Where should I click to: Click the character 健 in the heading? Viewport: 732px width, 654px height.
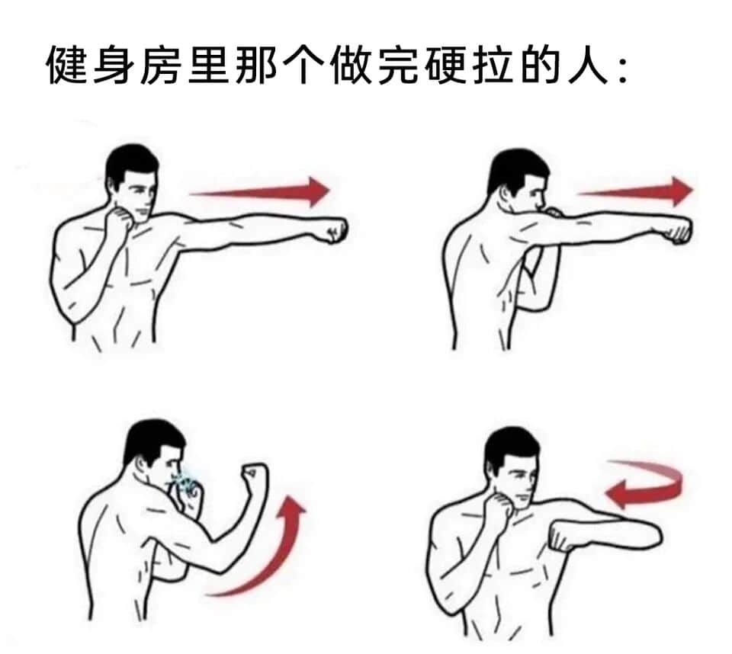67,65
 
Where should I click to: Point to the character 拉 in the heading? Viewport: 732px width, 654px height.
493,65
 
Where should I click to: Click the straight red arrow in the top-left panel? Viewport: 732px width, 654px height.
259,191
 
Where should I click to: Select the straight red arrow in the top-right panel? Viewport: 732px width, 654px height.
635,191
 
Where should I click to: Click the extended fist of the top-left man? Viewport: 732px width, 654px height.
336,229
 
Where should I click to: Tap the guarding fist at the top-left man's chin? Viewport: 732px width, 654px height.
120,220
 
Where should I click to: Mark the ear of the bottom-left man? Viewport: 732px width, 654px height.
141,464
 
